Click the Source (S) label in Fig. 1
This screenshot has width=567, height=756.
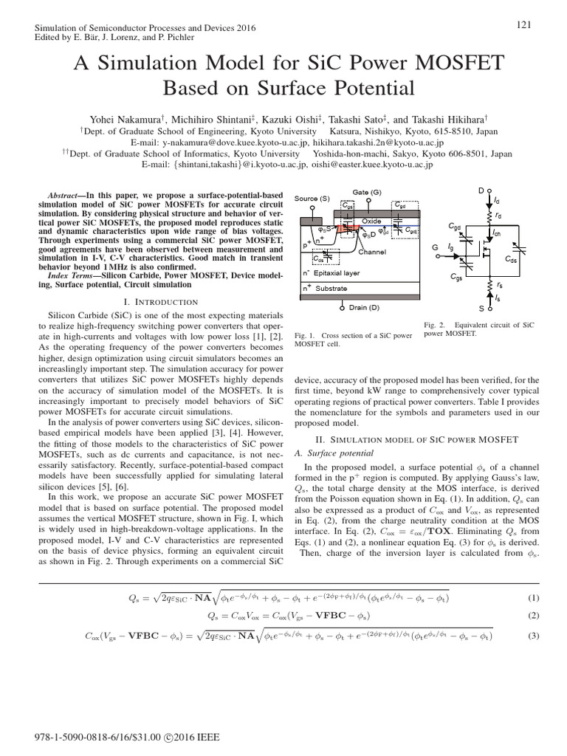[x=312, y=199]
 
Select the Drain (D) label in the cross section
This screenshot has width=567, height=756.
[x=364, y=307]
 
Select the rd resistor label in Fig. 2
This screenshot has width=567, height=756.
[x=500, y=216]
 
